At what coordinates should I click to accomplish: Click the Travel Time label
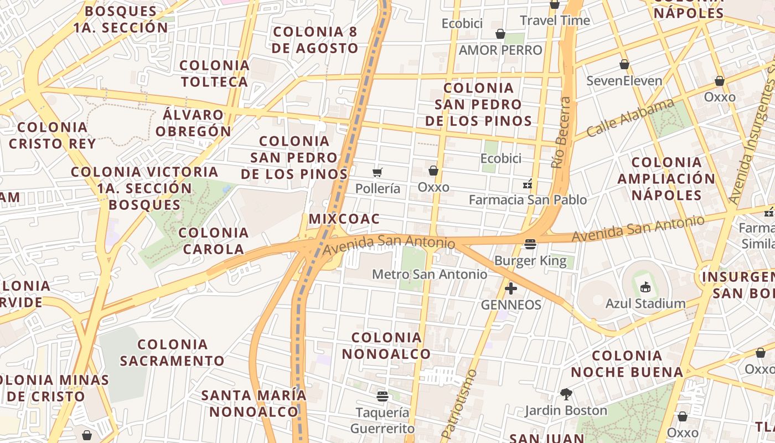pos(555,21)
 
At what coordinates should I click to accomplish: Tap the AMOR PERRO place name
pos(500,50)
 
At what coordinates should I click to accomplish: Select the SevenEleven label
pos(624,81)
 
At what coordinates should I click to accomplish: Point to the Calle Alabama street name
pos(630,118)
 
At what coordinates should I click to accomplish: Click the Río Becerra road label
pos(561,133)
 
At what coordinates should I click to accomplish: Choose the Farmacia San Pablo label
pos(528,199)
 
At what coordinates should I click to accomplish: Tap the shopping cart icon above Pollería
pos(378,173)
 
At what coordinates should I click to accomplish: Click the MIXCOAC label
pos(344,219)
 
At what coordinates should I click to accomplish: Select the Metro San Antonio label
pos(430,274)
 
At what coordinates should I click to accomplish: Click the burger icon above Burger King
pos(530,244)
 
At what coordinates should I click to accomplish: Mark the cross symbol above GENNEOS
pos(511,289)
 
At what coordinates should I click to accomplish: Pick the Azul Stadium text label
pos(645,303)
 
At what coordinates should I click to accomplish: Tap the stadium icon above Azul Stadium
pos(645,287)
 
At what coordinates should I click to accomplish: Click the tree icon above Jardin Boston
pos(566,394)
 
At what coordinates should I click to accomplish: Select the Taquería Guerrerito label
pos(382,421)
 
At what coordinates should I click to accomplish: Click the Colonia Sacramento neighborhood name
pos(172,353)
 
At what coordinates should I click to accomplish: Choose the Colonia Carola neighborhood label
pos(213,241)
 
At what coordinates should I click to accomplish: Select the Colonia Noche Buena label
pos(627,364)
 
